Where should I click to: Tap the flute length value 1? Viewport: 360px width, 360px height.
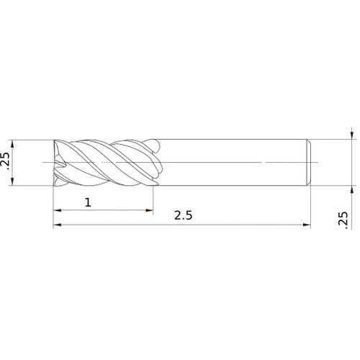pos(88,203)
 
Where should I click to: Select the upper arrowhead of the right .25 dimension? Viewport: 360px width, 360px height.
pos(351,135)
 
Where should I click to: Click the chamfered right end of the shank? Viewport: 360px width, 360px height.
pos(309,163)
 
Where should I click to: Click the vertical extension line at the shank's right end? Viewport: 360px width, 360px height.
pos(310,209)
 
